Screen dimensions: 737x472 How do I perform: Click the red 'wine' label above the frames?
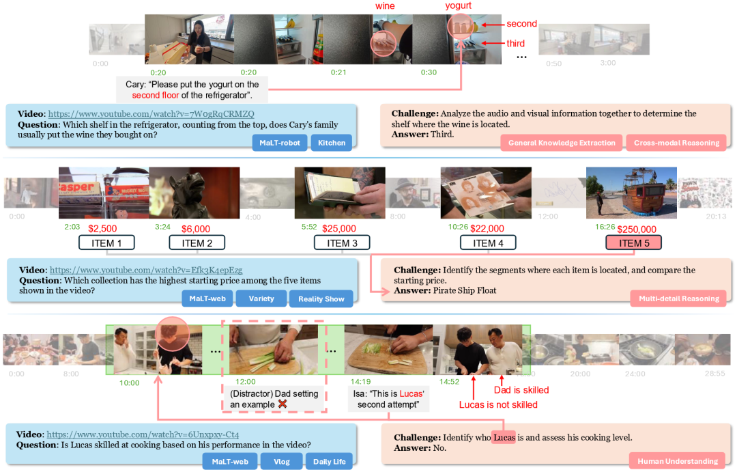coord(385,6)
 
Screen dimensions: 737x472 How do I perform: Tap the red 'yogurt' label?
coord(458,6)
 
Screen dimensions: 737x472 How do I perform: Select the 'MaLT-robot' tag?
coord(279,143)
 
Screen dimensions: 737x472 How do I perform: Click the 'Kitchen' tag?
coord(332,143)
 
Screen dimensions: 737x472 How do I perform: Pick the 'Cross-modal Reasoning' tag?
coord(676,143)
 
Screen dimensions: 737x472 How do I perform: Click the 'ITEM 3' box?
coord(342,242)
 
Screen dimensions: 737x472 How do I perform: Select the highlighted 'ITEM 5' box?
coord(633,242)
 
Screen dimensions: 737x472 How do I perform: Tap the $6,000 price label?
coord(195,229)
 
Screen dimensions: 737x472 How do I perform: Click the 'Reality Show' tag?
coord(321,299)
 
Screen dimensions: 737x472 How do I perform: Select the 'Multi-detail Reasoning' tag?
coord(678,299)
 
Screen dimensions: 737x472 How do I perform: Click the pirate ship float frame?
coord(631,193)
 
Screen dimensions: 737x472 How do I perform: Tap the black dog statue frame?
coord(193,193)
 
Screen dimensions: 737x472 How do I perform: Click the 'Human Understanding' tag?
coord(678,462)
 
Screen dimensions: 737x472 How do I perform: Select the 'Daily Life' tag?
coord(329,462)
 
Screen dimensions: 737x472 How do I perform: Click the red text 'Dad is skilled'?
coord(521,390)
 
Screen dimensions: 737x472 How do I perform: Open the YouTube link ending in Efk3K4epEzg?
coord(146,270)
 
